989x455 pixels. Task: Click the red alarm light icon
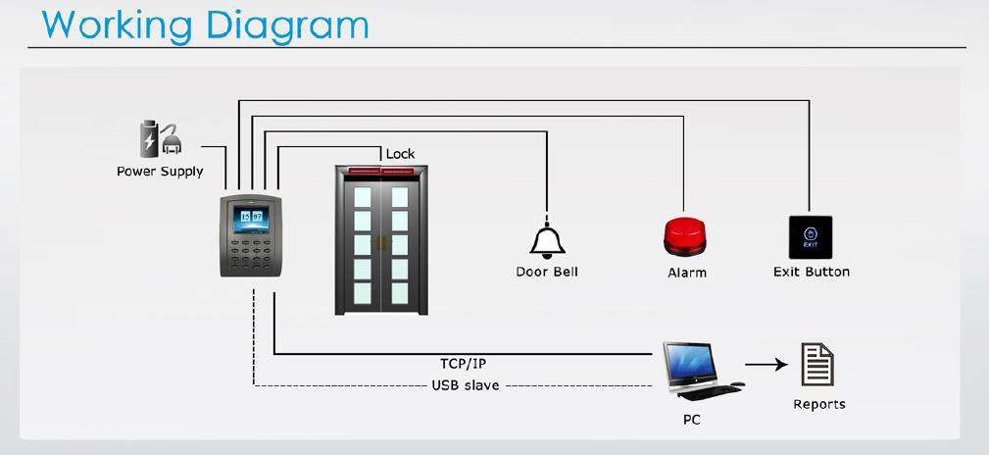[x=684, y=236]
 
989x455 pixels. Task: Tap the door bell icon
[x=547, y=240]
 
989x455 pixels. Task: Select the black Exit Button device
[x=811, y=237]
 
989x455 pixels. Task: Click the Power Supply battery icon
[x=149, y=139]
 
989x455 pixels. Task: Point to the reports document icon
[x=817, y=364]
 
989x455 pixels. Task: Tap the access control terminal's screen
[x=251, y=219]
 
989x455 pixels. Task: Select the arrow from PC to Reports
[x=766, y=364]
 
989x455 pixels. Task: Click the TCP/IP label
[x=463, y=364]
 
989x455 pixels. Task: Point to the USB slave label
[x=466, y=385]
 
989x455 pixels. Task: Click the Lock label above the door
[x=401, y=153]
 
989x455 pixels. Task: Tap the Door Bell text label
[x=547, y=272]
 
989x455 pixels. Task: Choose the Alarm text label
[x=687, y=273]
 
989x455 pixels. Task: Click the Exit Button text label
[x=812, y=272]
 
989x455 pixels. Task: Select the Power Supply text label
[x=160, y=172]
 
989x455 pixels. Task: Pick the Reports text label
[x=819, y=405]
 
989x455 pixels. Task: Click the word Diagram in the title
[x=287, y=25]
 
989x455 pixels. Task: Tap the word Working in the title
[x=118, y=25]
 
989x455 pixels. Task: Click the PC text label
[x=691, y=420]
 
